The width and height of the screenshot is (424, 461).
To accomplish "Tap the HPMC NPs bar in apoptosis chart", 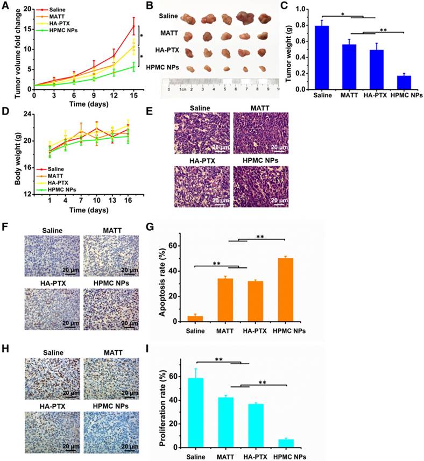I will [x=289, y=290].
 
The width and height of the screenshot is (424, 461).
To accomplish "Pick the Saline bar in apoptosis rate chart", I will [x=198, y=318].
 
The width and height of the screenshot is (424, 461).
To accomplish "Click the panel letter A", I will [x=5, y=6].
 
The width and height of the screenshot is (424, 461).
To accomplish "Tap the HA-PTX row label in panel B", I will [x=164, y=52].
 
